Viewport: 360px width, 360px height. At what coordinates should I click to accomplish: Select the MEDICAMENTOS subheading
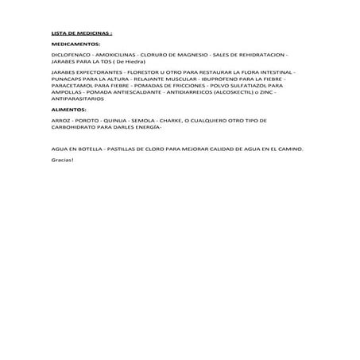pos(75,45)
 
